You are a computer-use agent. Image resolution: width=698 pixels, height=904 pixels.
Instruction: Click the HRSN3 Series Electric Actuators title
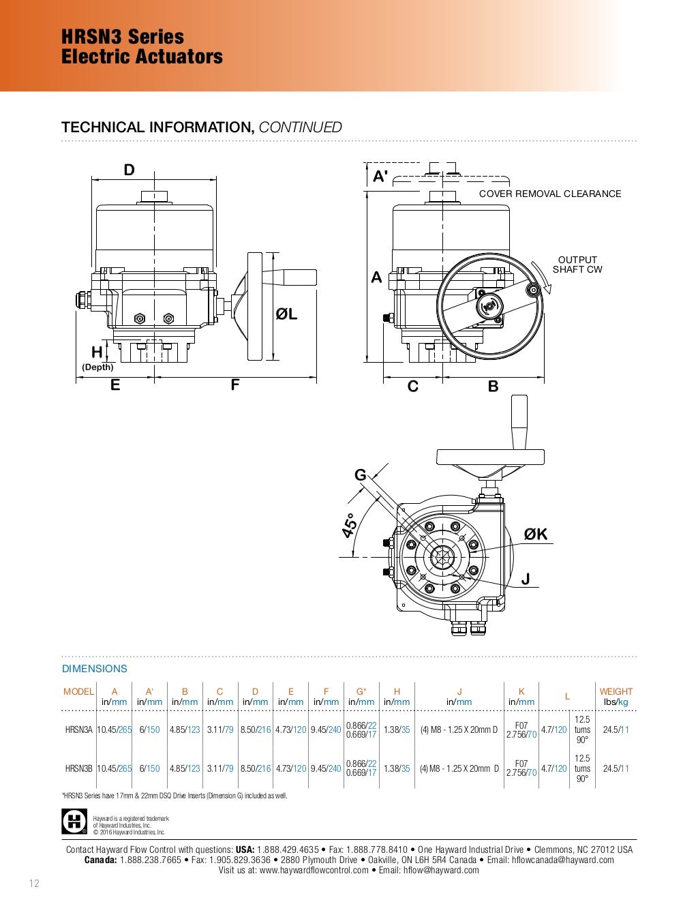coord(142,46)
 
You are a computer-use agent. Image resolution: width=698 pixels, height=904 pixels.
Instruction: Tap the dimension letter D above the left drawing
coord(129,170)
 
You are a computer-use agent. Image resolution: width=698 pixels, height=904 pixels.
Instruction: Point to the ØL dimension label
coord(286,314)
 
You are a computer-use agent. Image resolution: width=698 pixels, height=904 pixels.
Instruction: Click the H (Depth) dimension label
coord(97,359)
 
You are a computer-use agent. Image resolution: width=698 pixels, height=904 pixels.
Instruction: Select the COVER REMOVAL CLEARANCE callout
coord(550,194)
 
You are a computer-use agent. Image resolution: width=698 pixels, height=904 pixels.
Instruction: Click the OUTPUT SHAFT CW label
coord(577,265)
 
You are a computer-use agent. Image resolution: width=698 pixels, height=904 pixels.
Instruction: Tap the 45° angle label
coord(350,526)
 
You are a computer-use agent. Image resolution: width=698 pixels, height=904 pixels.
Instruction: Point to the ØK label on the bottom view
coord(536,534)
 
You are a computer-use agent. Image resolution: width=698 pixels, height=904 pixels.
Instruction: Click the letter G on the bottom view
coord(360,474)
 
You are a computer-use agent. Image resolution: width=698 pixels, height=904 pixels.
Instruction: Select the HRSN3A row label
coord(78,729)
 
